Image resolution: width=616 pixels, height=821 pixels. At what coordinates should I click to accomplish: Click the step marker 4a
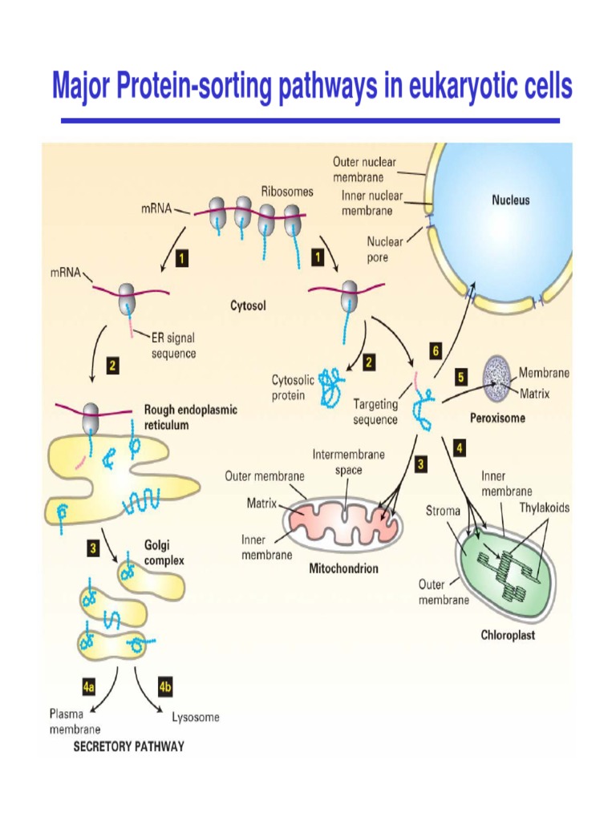[x=89, y=687]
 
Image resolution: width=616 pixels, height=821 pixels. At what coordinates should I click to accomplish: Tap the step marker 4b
[x=166, y=687]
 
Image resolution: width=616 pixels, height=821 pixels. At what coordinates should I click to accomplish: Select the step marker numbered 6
[x=436, y=350]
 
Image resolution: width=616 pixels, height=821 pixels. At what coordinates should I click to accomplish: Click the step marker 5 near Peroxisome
[x=460, y=375]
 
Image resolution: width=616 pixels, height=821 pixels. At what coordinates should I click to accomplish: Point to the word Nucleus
[x=510, y=200]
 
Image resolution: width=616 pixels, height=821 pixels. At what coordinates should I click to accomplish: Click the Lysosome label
[x=196, y=718]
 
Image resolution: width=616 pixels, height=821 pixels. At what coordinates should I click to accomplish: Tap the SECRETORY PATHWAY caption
[x=128, y=746]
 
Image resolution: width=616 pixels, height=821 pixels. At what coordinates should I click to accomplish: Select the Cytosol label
[x=249, y=305]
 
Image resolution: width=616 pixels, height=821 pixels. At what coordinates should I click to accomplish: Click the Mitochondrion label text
[x=343, y=568]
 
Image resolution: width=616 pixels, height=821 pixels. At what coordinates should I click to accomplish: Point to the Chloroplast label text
[x=508, y=636]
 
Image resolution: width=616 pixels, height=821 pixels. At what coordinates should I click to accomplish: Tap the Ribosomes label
[x=287, y=192]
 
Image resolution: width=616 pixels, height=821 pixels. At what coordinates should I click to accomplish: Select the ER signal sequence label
[x=174, y=346]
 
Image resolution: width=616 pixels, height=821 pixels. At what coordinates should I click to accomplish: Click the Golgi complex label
[x=164, y=552]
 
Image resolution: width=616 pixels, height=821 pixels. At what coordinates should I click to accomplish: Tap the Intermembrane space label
[x=348, y=462]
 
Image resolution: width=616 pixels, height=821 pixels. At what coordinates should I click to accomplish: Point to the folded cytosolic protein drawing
[x=329, y=387]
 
